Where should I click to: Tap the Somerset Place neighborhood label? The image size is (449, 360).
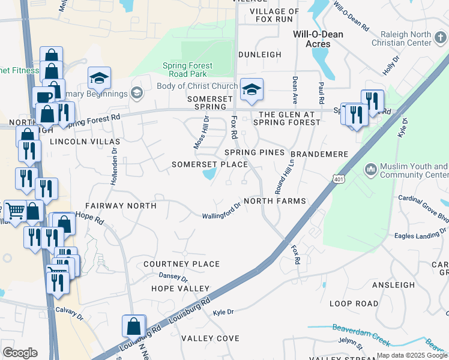(x=209, y=164)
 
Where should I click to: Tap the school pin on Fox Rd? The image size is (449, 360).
(x=252, y=90)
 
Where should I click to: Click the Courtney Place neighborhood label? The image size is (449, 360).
(x=181, y=264)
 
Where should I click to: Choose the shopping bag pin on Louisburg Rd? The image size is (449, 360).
(x=133, y=326)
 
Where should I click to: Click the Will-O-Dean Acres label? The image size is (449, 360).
(x=318, y=39)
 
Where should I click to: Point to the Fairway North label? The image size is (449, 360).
(x=121, y=206)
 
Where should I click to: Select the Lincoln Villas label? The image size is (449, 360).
(x=85, y=142)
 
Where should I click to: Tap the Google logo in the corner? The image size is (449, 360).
(x=20, y=352)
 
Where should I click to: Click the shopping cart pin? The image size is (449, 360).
(x=14, y=211)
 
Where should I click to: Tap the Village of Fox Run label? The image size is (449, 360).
(x=274, y=16)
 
